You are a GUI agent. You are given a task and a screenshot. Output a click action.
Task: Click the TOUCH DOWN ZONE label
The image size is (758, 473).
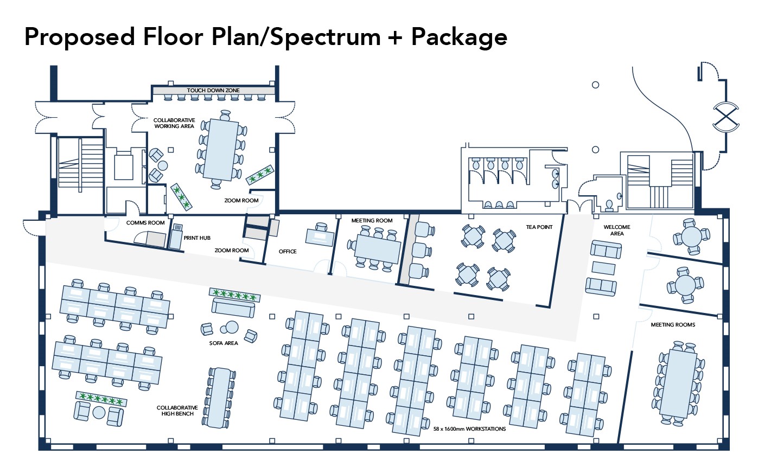coord(213,91)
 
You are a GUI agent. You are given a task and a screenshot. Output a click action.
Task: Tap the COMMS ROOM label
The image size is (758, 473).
coord(145,222)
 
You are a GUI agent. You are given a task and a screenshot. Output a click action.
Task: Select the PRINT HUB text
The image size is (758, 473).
coord(197,238)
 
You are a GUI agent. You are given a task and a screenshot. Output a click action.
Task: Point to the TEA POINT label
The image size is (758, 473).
coord(539,227)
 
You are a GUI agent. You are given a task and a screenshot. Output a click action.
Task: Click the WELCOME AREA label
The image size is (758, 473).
coord(617,230)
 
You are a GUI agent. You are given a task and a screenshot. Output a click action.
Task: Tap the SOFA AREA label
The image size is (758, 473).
coord(224,343)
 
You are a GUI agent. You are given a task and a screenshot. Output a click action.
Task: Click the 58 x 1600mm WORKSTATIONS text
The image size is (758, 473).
coord(470,429)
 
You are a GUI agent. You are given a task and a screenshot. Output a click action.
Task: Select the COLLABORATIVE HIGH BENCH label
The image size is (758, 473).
coord(177,411)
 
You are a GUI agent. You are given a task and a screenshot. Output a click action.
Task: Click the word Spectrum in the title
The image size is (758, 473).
coord(326,37)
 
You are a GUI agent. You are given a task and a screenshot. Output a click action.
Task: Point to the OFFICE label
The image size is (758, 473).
coord(288,251)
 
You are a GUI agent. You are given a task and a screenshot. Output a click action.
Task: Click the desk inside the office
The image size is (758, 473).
coord(320,238)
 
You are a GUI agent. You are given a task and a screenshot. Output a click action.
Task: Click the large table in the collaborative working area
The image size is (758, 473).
coord(221,150)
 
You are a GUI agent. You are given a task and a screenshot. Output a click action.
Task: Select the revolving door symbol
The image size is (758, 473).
coord(726,117)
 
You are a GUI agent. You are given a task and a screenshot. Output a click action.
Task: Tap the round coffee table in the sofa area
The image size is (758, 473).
coord(232,327)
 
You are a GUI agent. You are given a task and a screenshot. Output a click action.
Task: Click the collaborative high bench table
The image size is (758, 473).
coord(219,398)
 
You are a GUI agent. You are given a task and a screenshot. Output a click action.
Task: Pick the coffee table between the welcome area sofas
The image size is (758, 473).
coord(603,268)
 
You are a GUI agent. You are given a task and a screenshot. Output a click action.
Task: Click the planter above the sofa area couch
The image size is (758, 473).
coord(234,295)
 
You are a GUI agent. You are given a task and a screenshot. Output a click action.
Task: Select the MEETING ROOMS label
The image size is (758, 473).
coord(673,325)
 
